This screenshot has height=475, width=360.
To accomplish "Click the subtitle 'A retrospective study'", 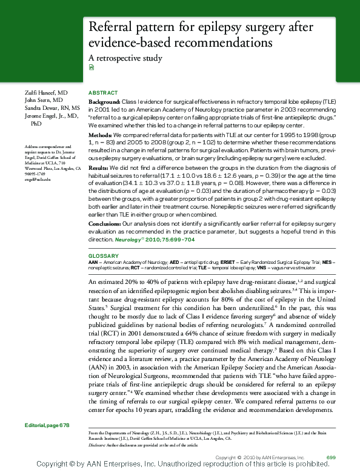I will click(125, 59).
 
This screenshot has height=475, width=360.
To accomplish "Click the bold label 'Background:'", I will click(104, 102).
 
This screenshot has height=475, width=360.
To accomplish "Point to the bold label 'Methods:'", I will click(101, 134).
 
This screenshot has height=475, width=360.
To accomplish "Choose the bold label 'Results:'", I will click(99, 166).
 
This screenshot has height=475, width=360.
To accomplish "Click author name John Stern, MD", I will click(43, 99).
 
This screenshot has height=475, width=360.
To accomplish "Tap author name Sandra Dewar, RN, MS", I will click(52, 107).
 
